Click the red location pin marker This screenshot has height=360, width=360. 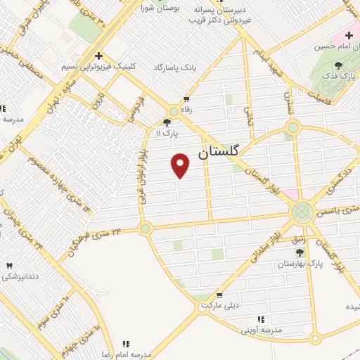(181, 165)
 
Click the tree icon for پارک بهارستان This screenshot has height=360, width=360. (300, 252)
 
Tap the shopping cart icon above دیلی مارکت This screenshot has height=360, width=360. (219, 296)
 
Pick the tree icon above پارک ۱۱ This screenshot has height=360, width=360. (167, 121)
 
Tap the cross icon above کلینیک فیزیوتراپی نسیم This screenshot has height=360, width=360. (98, 55)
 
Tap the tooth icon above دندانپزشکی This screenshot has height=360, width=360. (10, 265)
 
